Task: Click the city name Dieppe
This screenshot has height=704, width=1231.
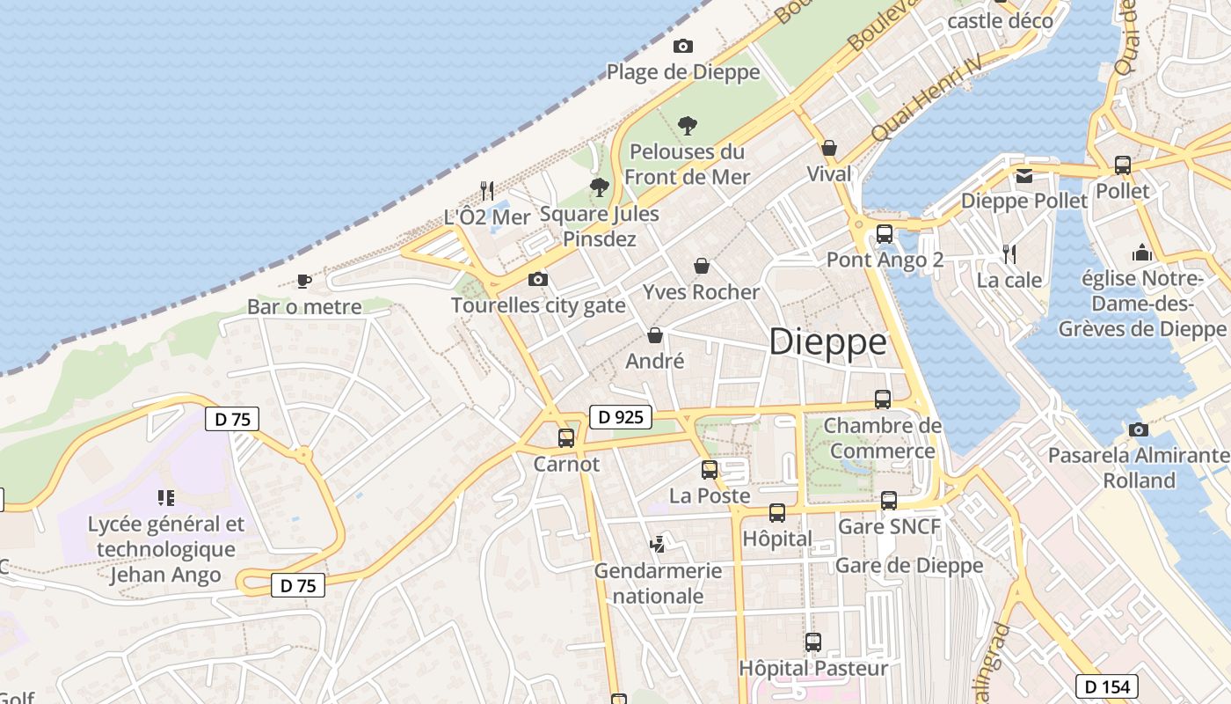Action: [827, 342]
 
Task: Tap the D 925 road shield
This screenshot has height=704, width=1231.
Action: [621, 417]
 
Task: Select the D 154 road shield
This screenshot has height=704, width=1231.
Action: [1107, 686]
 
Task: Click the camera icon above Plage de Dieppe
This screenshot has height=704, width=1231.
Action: [683, 46]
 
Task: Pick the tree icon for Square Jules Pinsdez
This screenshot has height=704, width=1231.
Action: [600, 187]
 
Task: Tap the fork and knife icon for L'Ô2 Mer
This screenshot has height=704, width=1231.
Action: [487, 190]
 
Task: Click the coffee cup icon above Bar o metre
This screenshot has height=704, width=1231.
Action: [304, 281]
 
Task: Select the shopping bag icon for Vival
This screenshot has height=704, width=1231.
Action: [829, 148]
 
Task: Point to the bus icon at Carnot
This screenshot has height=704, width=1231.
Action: [566, 437]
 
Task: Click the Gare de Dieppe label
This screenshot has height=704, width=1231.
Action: [909, 565]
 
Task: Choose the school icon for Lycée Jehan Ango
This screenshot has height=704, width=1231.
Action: [166, 498]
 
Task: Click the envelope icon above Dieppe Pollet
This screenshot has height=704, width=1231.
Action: [1024, 176]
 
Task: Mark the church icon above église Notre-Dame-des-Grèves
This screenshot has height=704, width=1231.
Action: [1142, 253]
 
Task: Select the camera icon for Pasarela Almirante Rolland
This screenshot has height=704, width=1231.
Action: [1139, 429]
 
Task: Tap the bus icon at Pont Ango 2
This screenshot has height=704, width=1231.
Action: [885, 234]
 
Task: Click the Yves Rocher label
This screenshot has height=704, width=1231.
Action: [701, 292]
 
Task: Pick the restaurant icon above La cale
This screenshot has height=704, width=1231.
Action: [1009, 254]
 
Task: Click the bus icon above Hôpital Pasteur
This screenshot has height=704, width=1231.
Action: [813, 642]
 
